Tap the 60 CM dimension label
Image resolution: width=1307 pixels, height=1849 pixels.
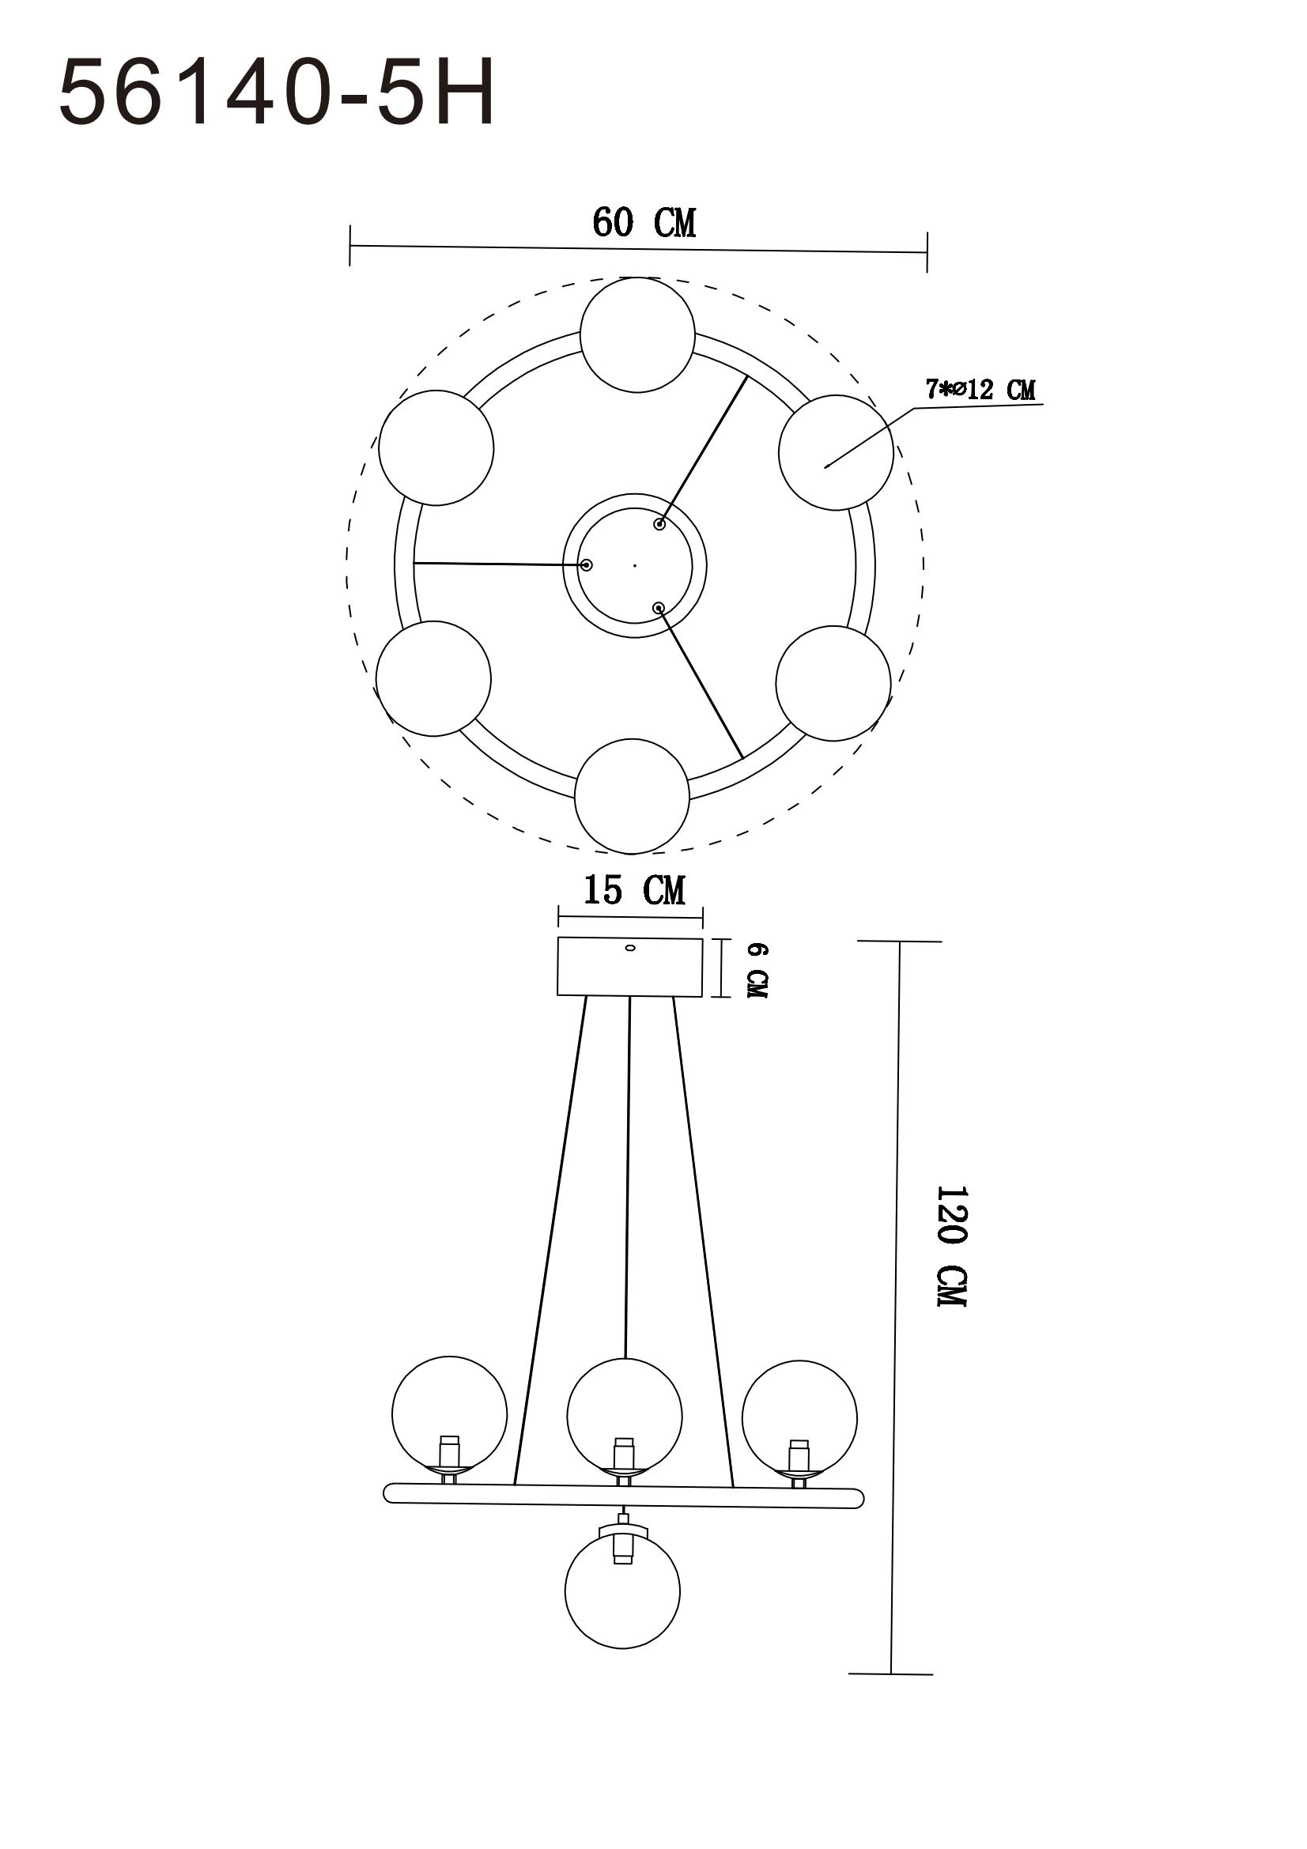point(644,223)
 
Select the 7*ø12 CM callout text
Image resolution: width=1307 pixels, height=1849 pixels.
point(980,391)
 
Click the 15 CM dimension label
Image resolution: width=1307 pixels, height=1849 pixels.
point(634,891)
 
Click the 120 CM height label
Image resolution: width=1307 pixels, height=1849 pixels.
point(951,1245)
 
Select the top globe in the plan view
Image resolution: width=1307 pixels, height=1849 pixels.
point(637,335)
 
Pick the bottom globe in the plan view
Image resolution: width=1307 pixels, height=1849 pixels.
point(633,796)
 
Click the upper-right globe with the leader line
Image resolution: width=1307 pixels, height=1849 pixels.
point(835,452)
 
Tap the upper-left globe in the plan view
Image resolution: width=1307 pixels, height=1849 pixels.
point(436,447)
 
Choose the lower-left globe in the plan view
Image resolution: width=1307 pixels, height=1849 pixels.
point(433,678)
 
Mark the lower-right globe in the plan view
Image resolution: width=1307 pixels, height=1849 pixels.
point(833,683)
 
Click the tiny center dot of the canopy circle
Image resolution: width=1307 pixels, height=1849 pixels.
point(635,565)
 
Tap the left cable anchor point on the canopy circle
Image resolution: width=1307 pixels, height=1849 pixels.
point(586,565)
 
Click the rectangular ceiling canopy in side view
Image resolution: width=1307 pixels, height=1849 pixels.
point(629,966)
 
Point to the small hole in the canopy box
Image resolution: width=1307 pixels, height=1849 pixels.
point(629,948)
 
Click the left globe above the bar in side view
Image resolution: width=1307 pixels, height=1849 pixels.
point(449,1414)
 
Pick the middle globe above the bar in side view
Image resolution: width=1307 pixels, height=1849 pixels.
point(624,1415)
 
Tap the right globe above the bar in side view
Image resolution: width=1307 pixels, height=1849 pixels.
point(799,1417)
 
